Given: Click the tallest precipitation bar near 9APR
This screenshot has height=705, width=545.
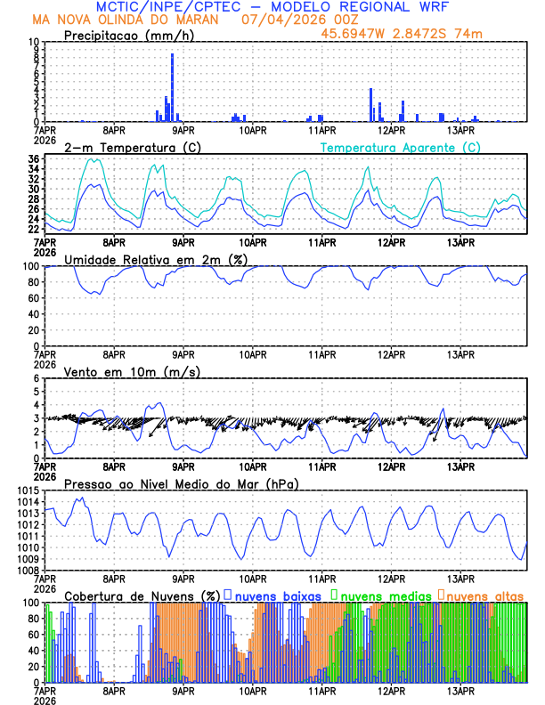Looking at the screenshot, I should [172, 87].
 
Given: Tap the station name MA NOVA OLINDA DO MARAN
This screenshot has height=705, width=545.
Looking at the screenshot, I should [129, 19].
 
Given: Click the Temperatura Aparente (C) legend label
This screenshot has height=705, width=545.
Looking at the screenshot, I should [400, 147].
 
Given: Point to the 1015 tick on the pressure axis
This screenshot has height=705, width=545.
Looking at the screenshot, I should [28, 491].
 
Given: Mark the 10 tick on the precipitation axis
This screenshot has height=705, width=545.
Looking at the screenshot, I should [33, 42].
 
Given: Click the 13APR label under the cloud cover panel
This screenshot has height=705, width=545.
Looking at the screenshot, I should [460, 690].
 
